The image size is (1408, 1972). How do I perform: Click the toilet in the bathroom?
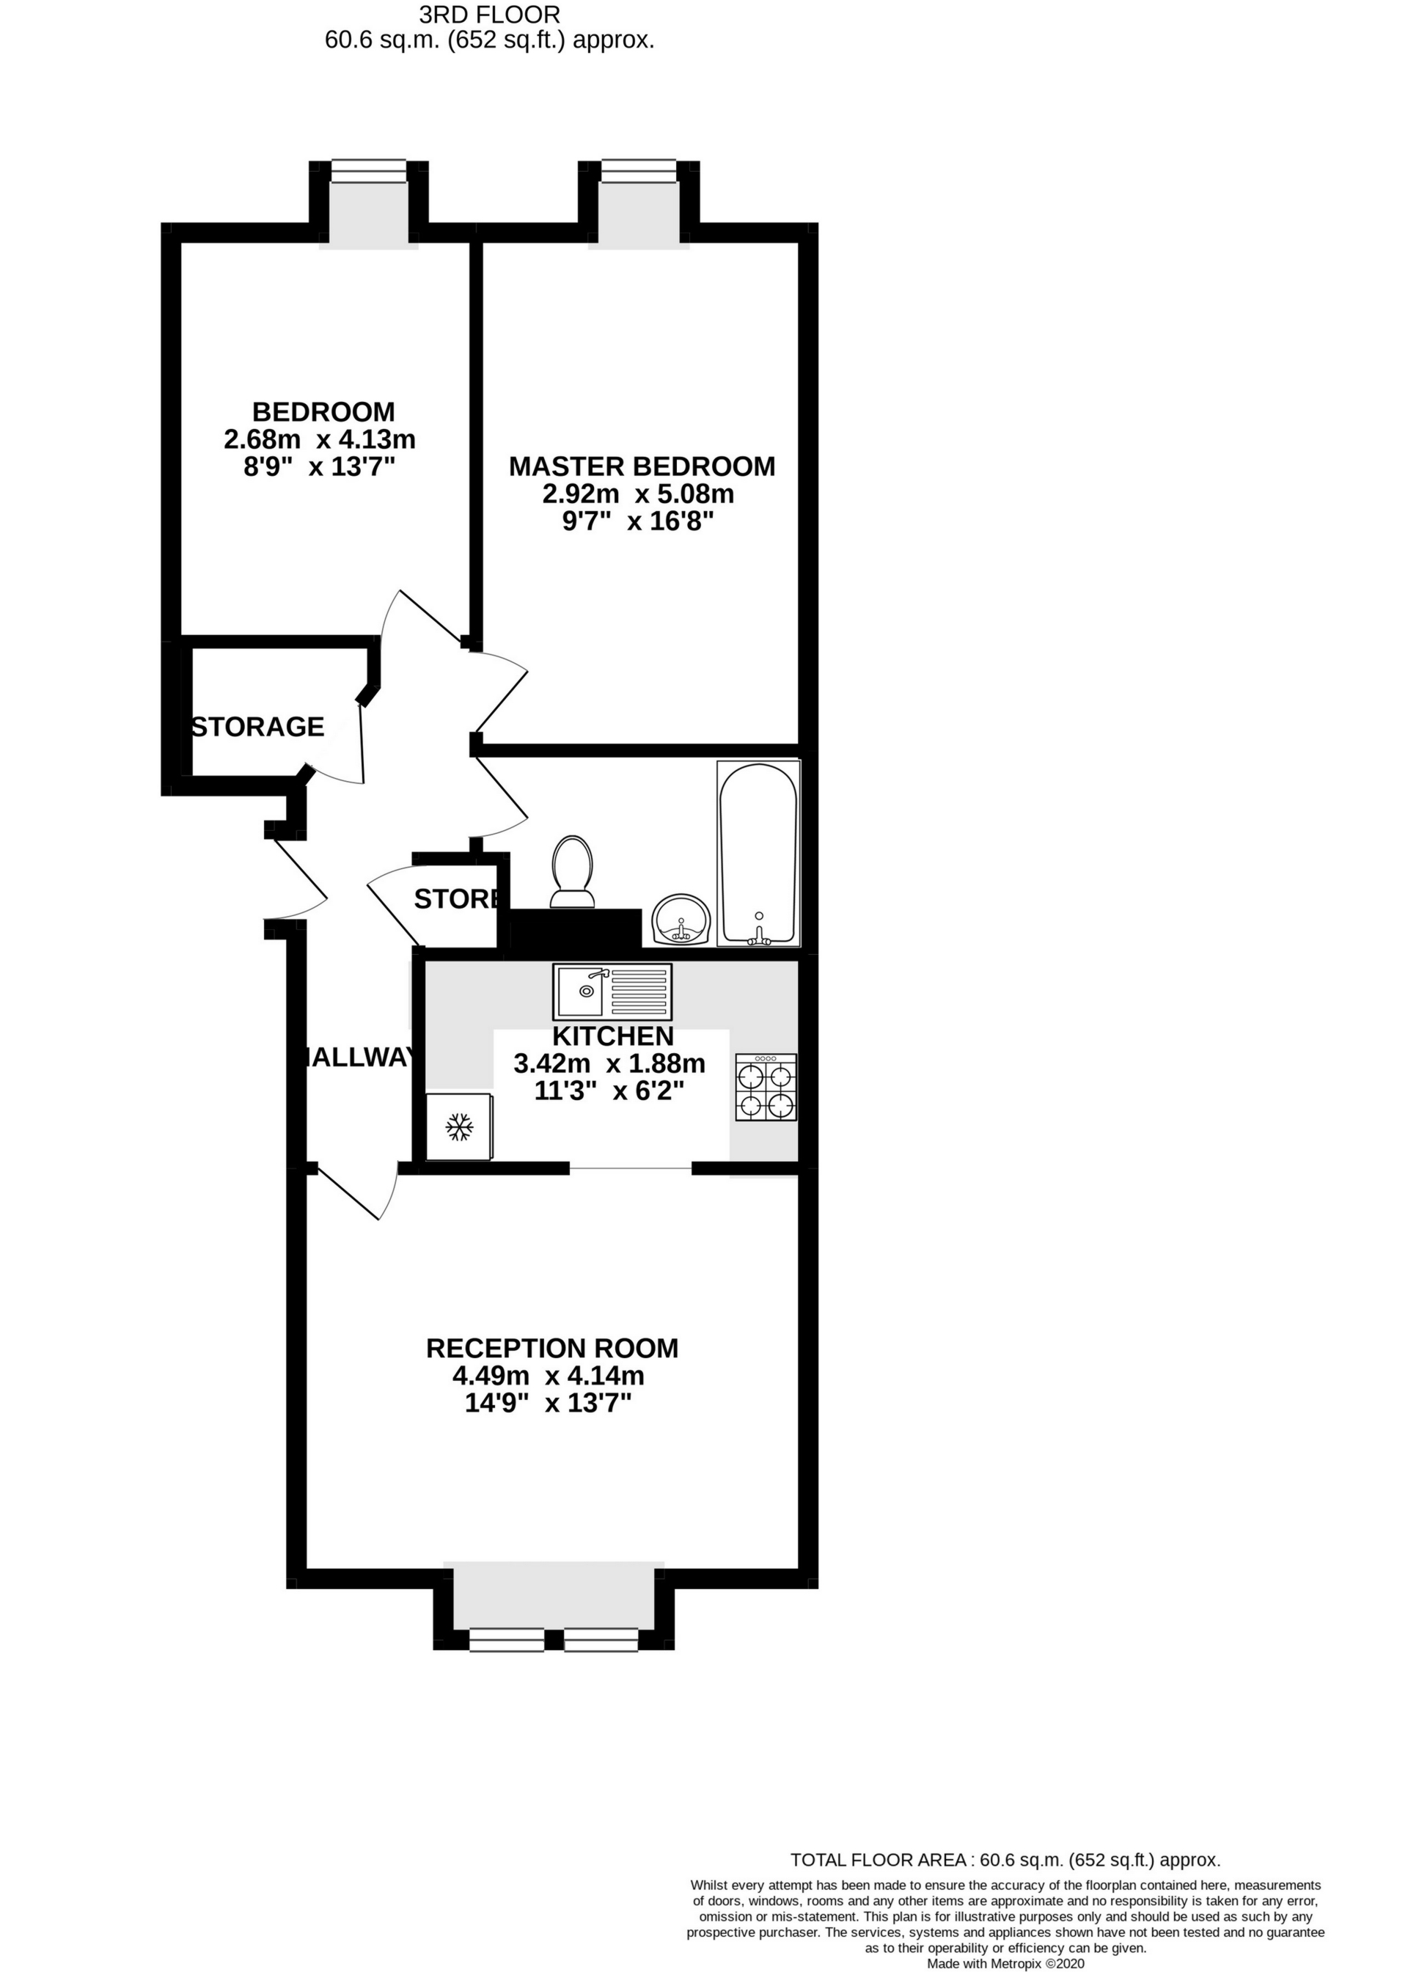[573, 872]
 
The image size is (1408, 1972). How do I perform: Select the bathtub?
[758, 853]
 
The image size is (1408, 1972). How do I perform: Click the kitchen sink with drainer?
[612, 992]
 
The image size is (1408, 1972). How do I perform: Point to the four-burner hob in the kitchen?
[766, 1087]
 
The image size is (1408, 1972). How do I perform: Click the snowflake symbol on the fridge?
[460, 1127]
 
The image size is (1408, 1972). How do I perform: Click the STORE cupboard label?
[457, 899]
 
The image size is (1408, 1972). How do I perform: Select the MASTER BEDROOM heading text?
[642, 466]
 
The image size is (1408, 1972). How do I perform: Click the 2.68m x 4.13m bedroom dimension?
[320, 439]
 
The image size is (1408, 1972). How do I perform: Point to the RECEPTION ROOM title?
[552, 1348]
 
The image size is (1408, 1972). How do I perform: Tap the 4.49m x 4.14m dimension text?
[548, 1376]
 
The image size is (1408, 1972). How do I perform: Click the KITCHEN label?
[613, 1036]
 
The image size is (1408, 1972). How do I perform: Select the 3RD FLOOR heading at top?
[489, 14]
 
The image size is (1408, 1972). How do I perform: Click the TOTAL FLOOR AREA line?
[1005, 1859]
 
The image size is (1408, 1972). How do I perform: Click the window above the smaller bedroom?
[368, 172]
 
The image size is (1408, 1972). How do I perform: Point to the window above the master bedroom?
[639, 172]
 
